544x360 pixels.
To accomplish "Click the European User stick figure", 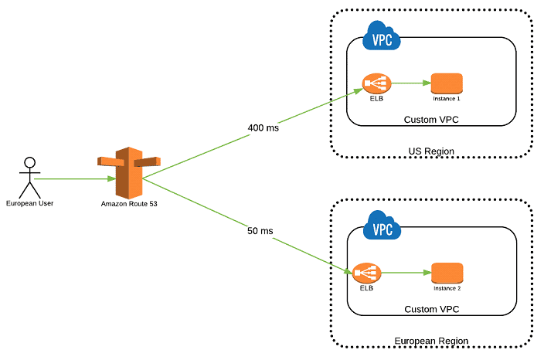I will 29,177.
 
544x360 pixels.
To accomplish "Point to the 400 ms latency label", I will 263,127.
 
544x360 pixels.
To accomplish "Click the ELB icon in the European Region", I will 367,273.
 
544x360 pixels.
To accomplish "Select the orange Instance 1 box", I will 447,83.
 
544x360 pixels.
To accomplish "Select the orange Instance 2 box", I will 447,273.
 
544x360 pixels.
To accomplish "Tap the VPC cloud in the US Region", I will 382,36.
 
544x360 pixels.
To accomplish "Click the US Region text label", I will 431,151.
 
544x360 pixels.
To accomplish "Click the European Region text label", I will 431,341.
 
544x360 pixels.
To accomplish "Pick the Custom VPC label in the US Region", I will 431,120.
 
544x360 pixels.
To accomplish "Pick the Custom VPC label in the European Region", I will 431,309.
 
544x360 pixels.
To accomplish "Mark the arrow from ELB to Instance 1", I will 410,83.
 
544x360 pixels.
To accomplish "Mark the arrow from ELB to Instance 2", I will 406,273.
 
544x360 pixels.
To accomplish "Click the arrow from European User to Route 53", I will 73,178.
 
